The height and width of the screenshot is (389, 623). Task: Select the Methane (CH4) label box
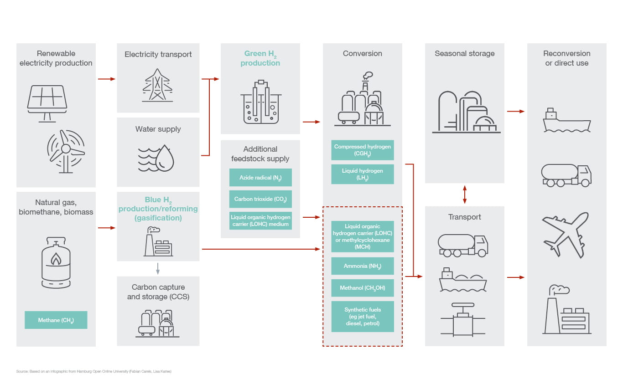(56, 320)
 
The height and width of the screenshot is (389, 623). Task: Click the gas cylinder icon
(56, 264)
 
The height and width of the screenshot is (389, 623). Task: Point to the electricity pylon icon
(158, 85)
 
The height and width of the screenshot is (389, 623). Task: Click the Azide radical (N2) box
(260, 178)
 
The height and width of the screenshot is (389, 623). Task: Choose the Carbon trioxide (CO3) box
(260, 199)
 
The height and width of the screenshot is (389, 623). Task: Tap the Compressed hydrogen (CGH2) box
(363, 150)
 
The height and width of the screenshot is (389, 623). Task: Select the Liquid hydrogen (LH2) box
(363, 174)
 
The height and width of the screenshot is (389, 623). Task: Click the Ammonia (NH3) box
(363, 266)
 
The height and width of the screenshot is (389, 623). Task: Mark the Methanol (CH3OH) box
(363, 288)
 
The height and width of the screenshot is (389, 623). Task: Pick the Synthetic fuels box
(363, 317)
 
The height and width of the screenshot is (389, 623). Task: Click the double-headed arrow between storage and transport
(465, 194)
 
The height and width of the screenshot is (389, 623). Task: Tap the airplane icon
(566, 234)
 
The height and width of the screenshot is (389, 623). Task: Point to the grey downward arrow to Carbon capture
(158, 268)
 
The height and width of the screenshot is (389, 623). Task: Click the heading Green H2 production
(260, 58)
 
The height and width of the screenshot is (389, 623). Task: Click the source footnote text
(93, 372)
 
